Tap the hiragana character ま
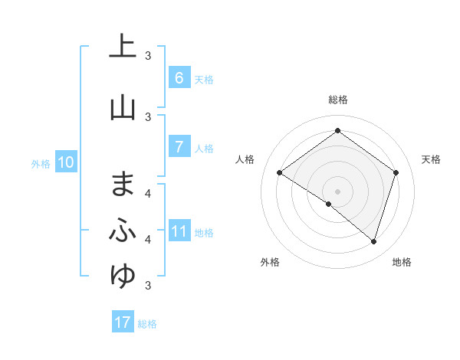point(123,184)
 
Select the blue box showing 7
point(179,147)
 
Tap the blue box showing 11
point(179,231)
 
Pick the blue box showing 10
point(66,162)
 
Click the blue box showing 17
point(123,322)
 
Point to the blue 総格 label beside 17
point(147,324)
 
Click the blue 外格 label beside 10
point(41,164)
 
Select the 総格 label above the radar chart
point(337,100)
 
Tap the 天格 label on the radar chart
point(431,159)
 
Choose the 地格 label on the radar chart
point(402,262)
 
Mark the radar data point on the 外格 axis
point(329,204)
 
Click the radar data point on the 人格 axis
point(279,173)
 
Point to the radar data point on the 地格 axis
point(373,241)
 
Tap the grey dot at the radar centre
point(337,191)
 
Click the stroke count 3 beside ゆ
point(148,286)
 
